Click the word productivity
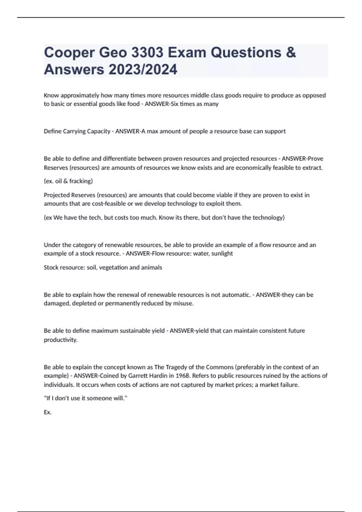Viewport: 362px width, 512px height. (61, 340)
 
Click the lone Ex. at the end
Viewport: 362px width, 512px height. (48, 412)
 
